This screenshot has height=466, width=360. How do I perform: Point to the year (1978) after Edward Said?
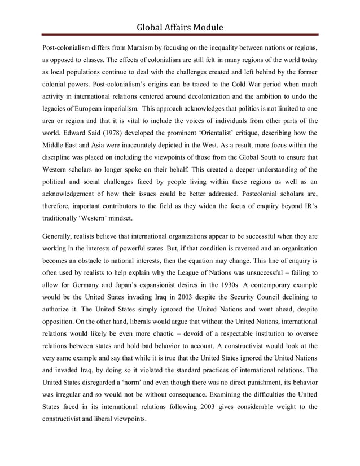pyautogui.click(x=123, y=134)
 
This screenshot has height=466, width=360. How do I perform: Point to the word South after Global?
pyautogui.click(x=272, y=163)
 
